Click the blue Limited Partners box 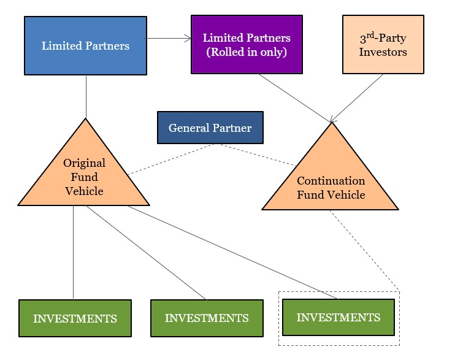click(85, 46)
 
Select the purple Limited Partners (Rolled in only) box click(247, 45)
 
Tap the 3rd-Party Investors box click(383, 45)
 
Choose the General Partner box click(210, 128)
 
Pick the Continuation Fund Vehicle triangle click(331, 184)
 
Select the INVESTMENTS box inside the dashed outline click(338, 318)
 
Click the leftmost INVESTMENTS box click(75, 318)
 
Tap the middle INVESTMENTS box click(207, 318)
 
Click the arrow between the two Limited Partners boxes click(169, 38)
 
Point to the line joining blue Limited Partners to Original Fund click(86, 96)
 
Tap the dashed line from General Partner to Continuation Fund click(258, 155)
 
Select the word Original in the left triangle click(84, 163)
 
